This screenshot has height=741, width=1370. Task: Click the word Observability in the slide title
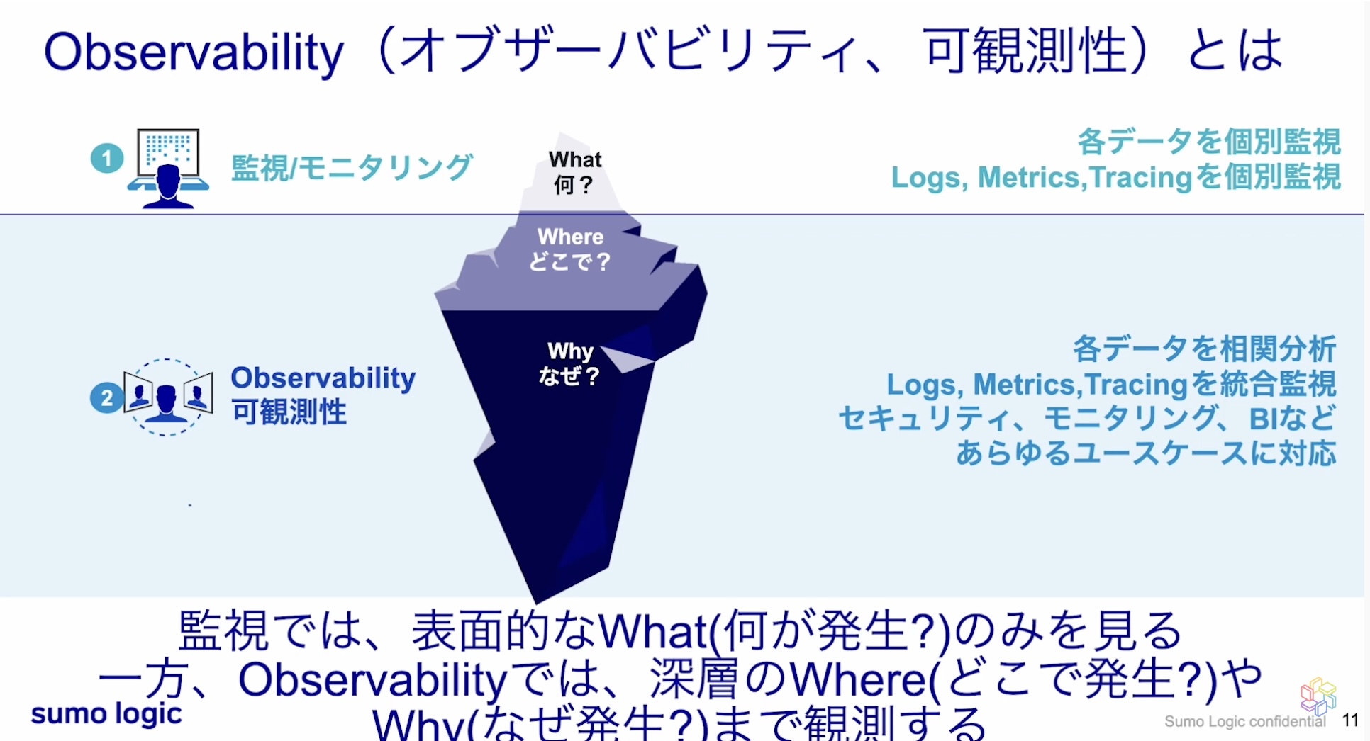[193, 52]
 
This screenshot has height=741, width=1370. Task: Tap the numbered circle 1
[107, 158]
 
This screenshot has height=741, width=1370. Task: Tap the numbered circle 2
[106, 397]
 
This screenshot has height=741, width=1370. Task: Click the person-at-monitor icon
[168, 169]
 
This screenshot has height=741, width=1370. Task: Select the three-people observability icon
[167, 397]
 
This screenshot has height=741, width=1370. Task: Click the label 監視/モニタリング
[351, 168]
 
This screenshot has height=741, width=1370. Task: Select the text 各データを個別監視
[1208, 142]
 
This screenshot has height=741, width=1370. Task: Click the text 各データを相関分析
[1204, 349]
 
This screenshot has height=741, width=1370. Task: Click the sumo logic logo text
[106, 713]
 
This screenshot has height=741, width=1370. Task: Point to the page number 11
[1350, 720]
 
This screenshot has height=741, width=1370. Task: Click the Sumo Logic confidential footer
[1244, 721]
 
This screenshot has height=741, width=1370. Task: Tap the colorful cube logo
[1318, 695]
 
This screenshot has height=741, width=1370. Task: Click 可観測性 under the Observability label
[289, 412]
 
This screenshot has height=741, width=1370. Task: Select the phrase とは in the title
[1234, 51]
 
